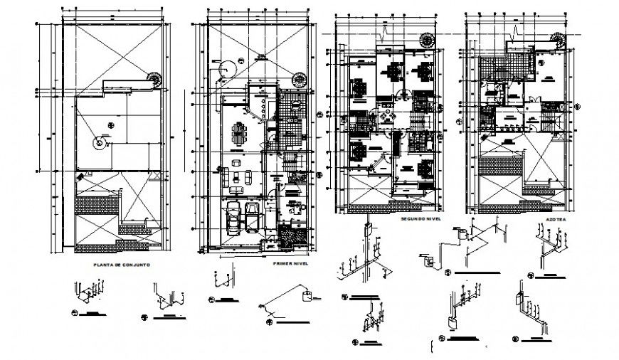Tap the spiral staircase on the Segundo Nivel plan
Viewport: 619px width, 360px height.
click(428, 41)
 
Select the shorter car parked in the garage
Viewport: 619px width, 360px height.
click(252, 213)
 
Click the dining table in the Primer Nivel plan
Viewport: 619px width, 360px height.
click(236, 132)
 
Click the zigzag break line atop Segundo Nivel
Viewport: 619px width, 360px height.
click(385, 31)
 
